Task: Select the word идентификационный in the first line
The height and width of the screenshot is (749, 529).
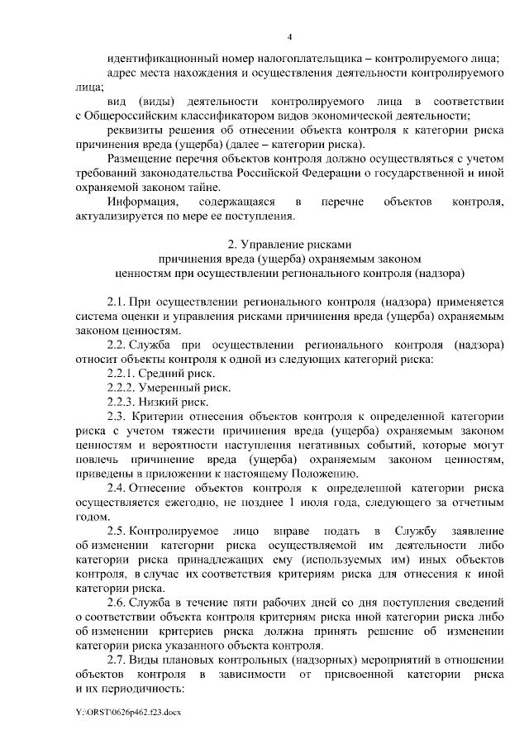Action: point(163,59)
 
